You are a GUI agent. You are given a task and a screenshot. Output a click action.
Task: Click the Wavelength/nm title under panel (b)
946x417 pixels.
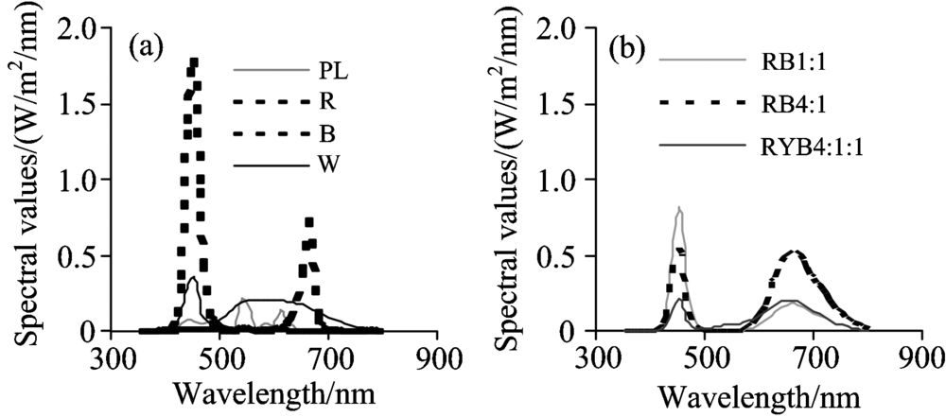click(x=752, y=391)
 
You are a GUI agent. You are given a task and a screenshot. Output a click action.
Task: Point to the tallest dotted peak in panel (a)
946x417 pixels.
click(x=194, y=63)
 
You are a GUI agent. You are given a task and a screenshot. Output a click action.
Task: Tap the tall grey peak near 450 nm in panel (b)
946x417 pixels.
click(x=678, y=209)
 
